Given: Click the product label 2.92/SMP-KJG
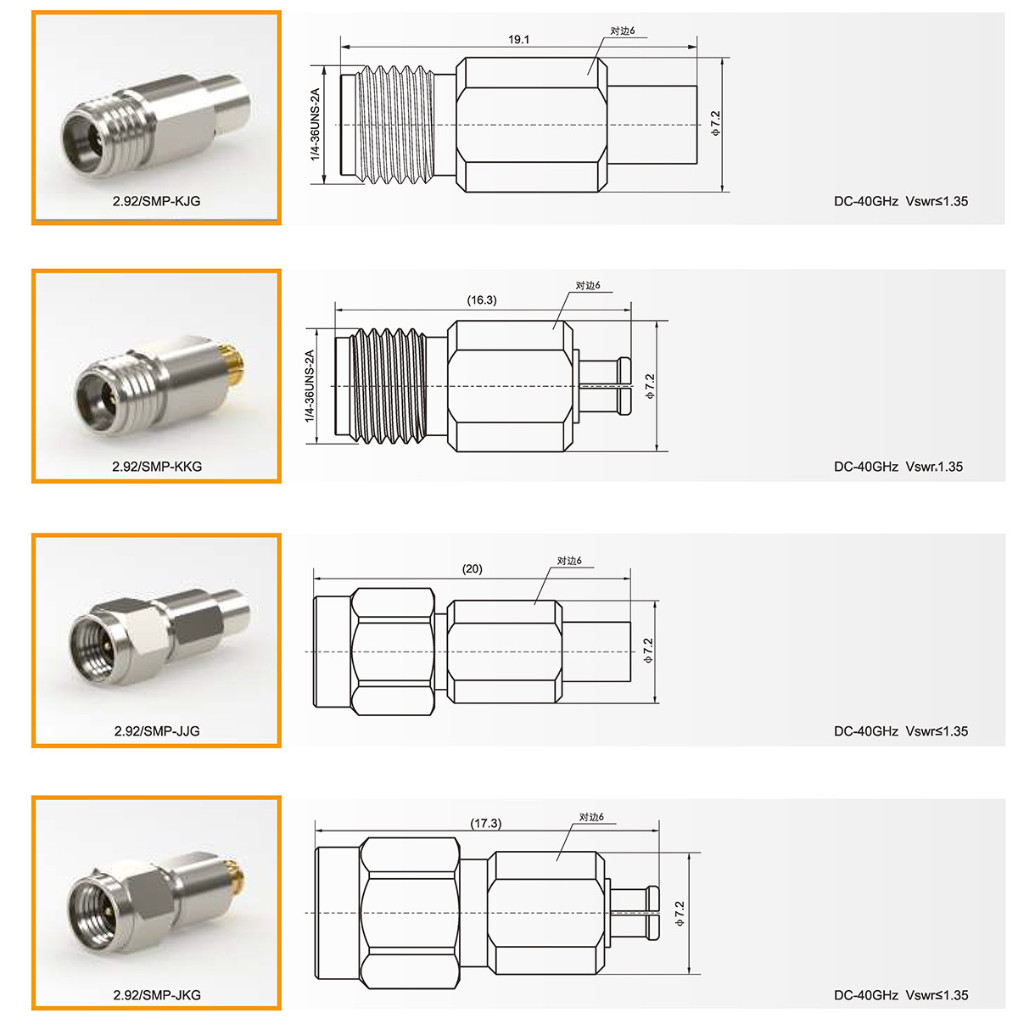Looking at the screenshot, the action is [156, 201].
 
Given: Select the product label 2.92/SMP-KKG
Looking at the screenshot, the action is [157, 467].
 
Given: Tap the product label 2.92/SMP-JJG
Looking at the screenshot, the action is [157, 731].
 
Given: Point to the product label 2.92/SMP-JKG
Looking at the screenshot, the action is [157, 995].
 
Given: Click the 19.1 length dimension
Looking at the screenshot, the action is [518, 39].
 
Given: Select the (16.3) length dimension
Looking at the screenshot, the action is [482, 300].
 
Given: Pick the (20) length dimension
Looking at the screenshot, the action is [472, 569].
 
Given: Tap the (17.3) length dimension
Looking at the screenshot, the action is [486, 824].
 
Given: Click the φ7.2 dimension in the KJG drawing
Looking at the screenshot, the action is [715, 123].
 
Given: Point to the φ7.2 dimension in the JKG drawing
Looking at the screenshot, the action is [679, 914].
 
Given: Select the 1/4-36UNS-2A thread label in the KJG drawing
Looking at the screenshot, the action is [316, 125].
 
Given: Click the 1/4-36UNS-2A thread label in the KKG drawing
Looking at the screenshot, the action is [309, 386].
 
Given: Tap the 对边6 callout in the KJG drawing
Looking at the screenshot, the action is [623, 31].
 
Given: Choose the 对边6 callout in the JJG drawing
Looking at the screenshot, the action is [569, 561].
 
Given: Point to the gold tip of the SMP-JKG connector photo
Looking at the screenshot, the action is [236, 879].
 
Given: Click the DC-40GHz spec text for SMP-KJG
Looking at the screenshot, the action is [865, 201].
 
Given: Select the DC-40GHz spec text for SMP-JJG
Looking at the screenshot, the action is [865, 731].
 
